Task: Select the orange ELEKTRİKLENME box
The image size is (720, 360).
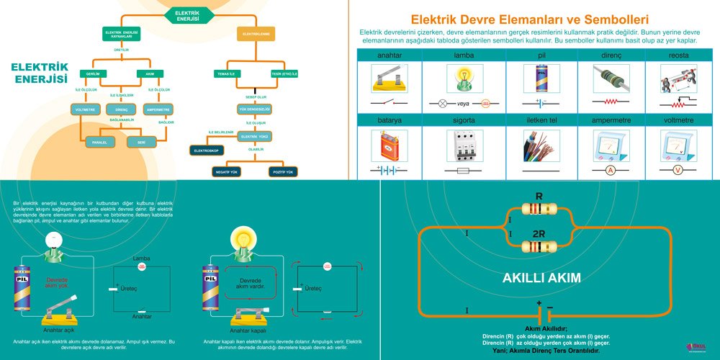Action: click(256, 34)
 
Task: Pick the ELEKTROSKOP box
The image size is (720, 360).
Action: click(207, 150)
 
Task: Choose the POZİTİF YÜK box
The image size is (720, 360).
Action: click(282, 173)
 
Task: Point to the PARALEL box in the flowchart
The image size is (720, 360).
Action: click(99, 143)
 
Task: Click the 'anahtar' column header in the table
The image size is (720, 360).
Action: click(389, 55)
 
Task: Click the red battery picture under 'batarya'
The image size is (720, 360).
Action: click(388, 145)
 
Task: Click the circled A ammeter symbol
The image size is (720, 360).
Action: click(610, 171)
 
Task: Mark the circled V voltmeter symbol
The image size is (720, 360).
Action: click(676, 171)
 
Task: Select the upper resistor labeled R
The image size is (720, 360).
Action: click(539, 210)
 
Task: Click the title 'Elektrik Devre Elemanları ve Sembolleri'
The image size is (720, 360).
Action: click(529, 20)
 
